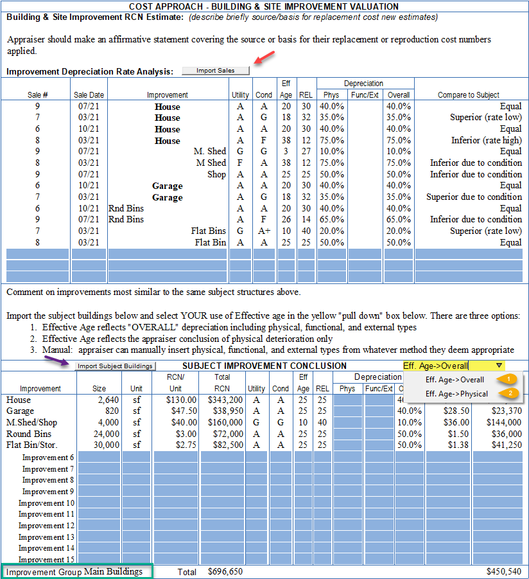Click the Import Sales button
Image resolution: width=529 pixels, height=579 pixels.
tap(215, 71)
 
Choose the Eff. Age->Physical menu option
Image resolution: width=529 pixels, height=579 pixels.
tap(456, 394)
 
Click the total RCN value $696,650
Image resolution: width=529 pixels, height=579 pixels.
tap(225, 571)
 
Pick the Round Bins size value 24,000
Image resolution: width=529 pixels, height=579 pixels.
tap(105, 434)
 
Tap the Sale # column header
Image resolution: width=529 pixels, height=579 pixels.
tap(38, 95)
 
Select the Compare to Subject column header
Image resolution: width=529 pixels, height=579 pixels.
tap(469, 95)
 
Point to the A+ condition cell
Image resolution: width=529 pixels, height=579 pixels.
tap(264, 231)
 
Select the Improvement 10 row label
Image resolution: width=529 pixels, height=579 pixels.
tap(47, 503)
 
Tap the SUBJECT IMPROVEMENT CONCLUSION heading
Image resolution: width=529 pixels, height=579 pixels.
tap(264, 366)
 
